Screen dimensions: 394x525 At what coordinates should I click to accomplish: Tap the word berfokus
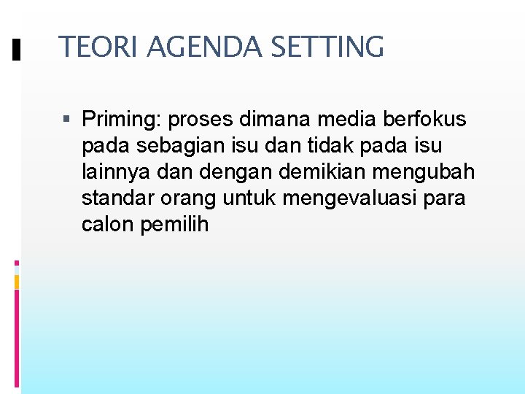(424, 120)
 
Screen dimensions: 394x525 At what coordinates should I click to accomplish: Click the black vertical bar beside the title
(17, 49)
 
